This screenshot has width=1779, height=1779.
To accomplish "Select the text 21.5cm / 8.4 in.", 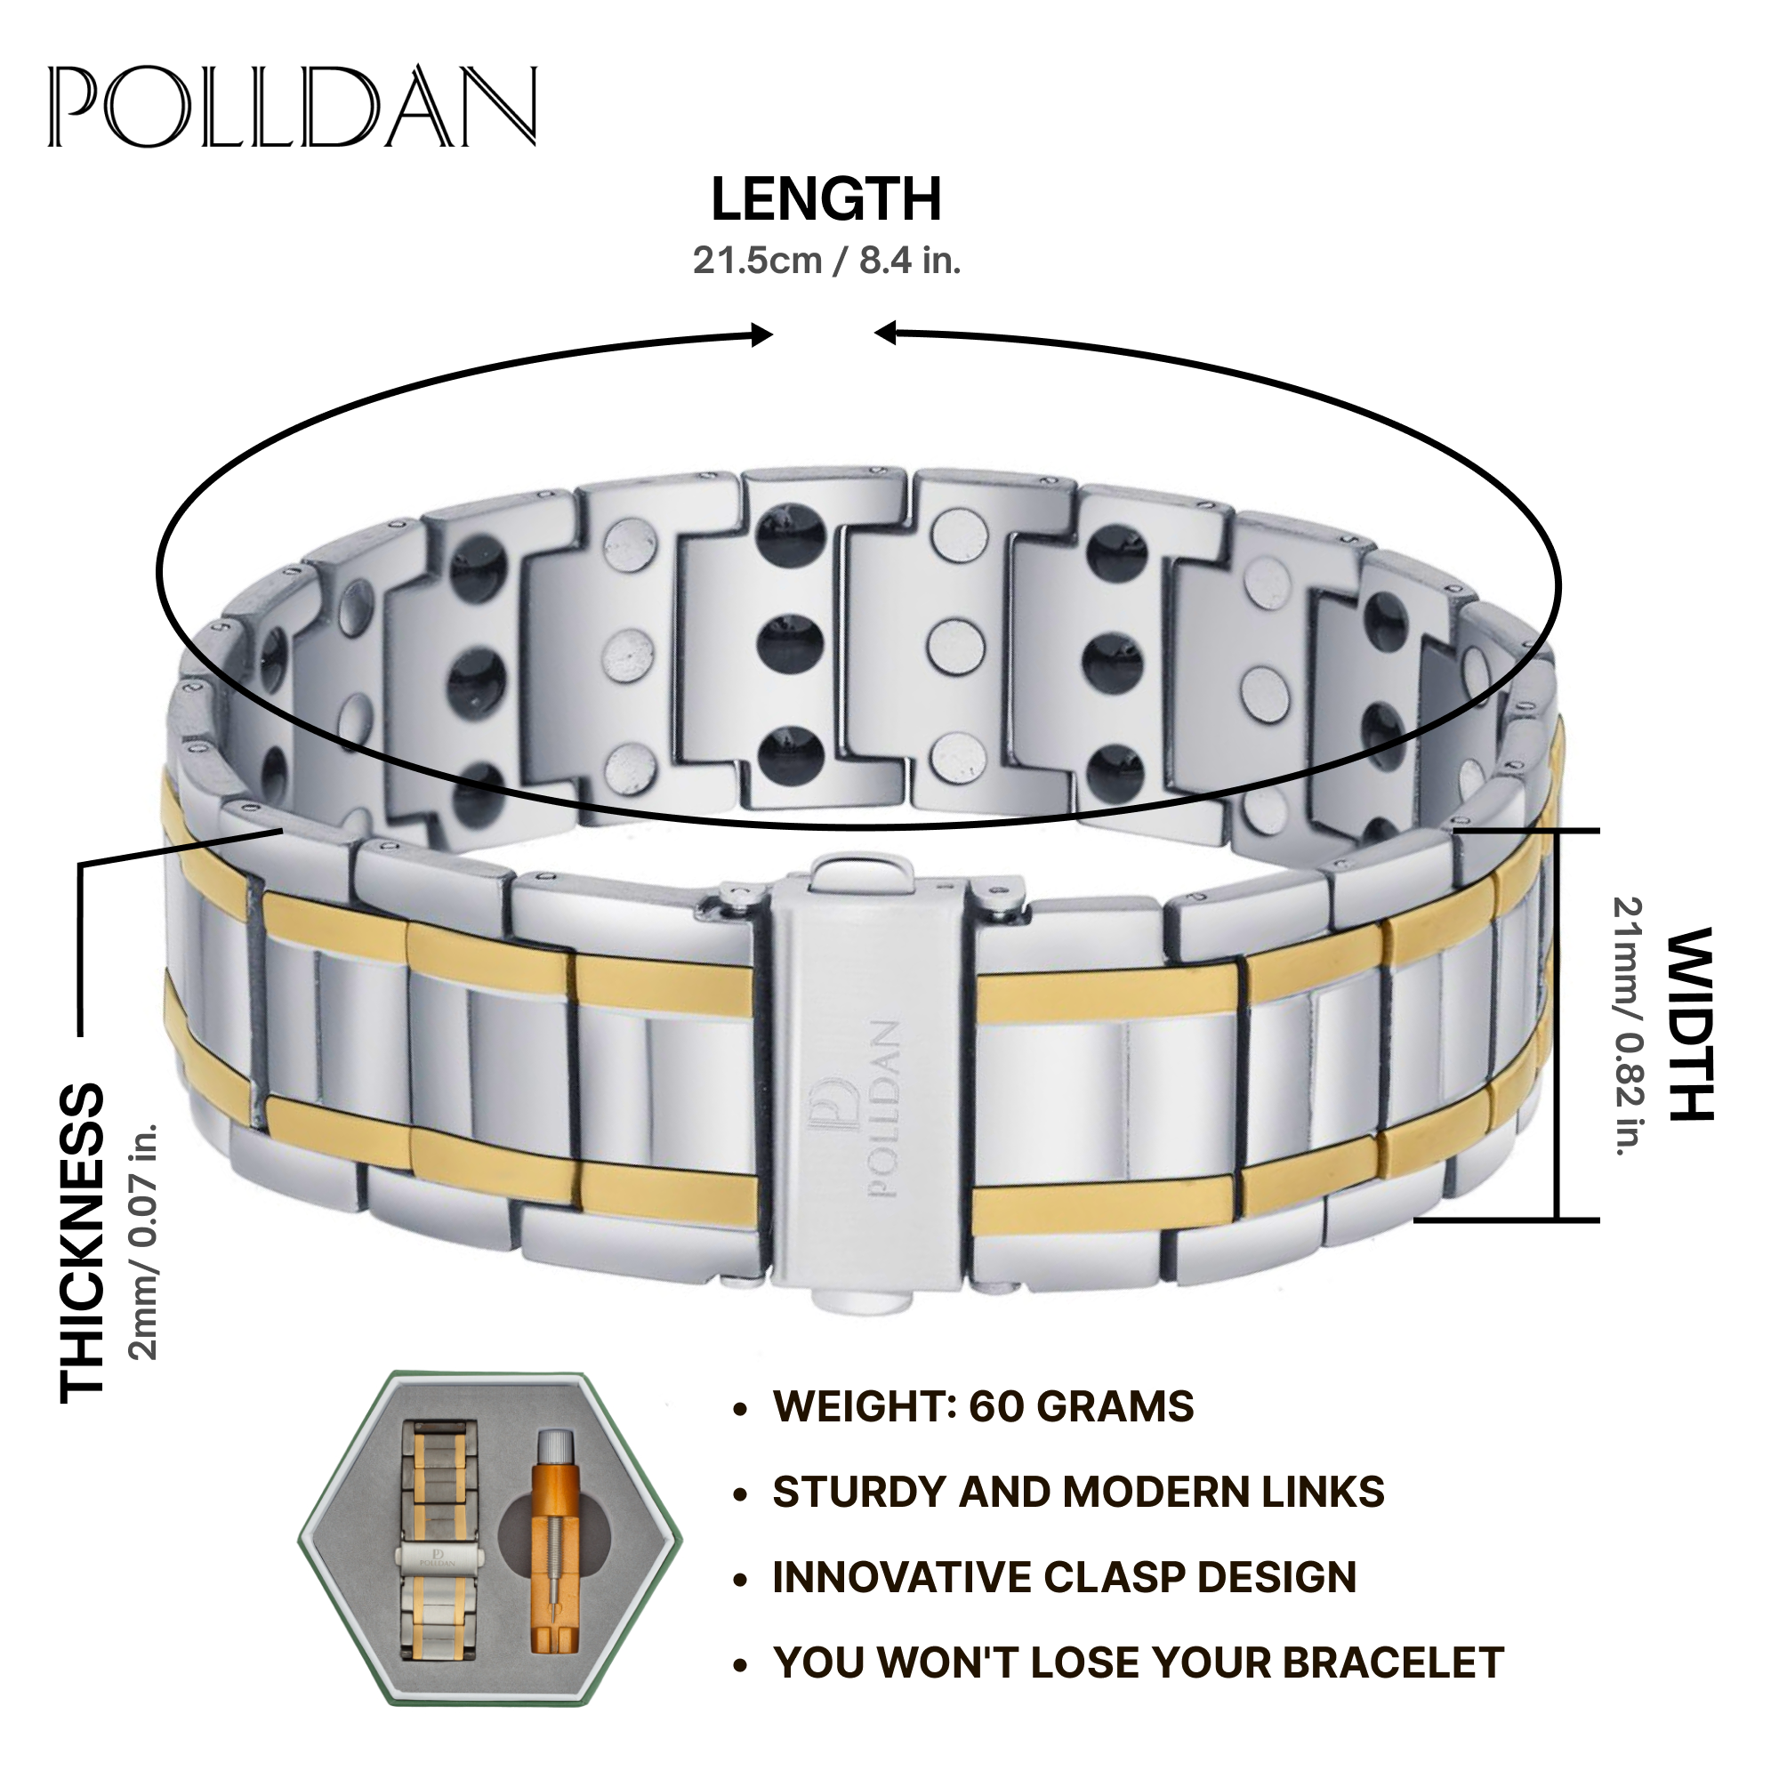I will (x=826, y=262).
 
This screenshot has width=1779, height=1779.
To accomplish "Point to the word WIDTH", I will (x=1691, y=1024).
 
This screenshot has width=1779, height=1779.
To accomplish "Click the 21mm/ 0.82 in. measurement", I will (x=1629, y=1026).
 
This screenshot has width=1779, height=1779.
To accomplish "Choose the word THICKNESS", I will (x=83, y=1244).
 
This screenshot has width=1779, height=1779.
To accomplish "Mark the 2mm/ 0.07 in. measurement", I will (x=145, y=1241).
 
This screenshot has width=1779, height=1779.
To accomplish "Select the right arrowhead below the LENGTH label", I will (x=884, y=333).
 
